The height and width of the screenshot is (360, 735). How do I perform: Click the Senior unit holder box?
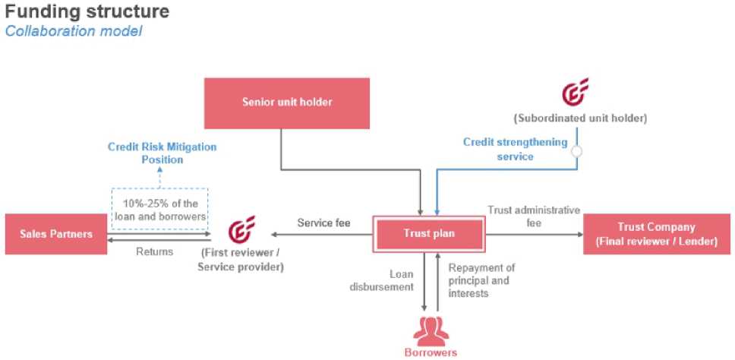(287, 103)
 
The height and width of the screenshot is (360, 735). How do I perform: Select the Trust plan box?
(428, 233)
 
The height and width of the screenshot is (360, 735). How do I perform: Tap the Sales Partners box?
(56, 234)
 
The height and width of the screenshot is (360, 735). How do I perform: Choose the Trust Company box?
(656, 233)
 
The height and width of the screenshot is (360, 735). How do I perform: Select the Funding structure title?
(87, 12)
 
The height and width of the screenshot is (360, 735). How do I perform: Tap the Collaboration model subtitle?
(74, 31)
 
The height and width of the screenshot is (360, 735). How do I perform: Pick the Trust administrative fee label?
(533, 216)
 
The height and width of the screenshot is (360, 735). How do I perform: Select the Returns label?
(153, 251)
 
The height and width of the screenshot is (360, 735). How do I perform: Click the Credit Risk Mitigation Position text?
(162, 153)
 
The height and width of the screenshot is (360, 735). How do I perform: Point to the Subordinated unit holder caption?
(580, 118)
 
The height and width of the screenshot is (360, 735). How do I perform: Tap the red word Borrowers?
(430, 352)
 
